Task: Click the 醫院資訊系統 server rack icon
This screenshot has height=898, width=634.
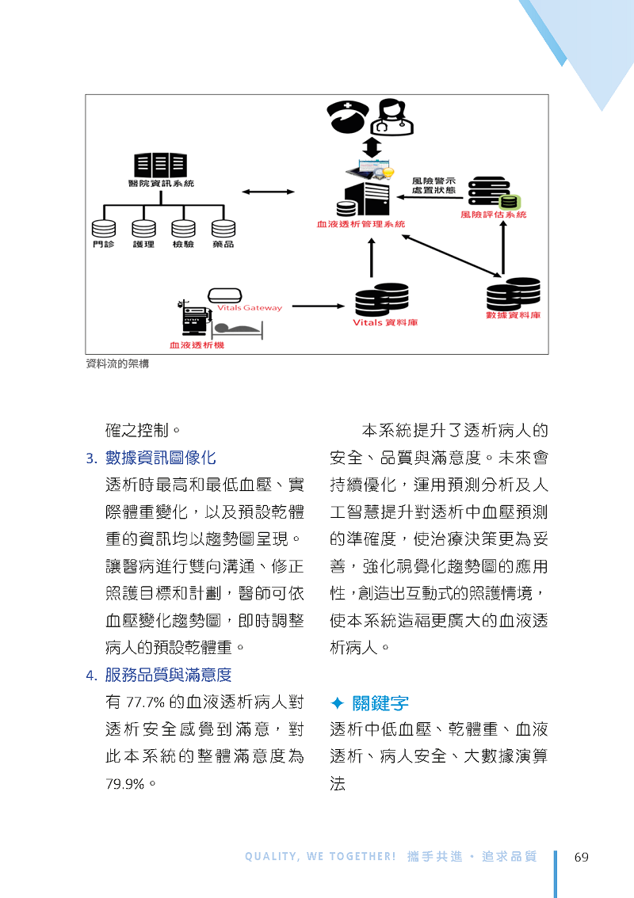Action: point(161,165)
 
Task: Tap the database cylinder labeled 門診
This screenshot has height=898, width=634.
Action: point(104,229)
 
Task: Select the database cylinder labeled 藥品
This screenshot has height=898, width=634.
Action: point(223,229)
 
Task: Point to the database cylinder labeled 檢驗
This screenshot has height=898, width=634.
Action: point(183,229)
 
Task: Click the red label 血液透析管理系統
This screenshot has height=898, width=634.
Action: point(361,224)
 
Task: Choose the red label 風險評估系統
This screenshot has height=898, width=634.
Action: point(494,215)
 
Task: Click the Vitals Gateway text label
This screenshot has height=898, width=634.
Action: point(250,307)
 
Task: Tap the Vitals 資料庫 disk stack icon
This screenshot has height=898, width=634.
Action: point(382,299)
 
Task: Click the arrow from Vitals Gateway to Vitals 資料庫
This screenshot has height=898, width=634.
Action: point(319,306)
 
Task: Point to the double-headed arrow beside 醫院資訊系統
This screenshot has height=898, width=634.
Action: point(269,192)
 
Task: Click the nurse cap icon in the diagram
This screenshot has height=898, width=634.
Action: point(348,117)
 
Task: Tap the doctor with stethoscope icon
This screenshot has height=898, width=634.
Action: point(392,117)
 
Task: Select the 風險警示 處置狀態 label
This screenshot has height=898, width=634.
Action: point(433,185)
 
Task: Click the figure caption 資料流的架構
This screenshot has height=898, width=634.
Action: point(117,363)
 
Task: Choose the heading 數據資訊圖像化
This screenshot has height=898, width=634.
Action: point(161,458)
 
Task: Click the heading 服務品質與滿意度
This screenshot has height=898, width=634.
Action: point(169,675)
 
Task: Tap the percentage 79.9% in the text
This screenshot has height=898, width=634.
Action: point(125,784)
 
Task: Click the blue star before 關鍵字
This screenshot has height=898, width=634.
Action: point(338,702)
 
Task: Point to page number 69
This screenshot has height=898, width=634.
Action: point(581,858)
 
